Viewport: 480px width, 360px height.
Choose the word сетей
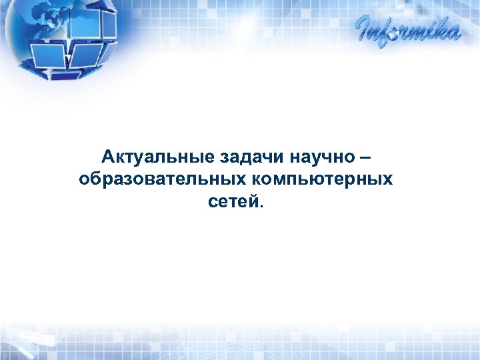[235, 201]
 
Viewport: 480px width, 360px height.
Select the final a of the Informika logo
[453, 33]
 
